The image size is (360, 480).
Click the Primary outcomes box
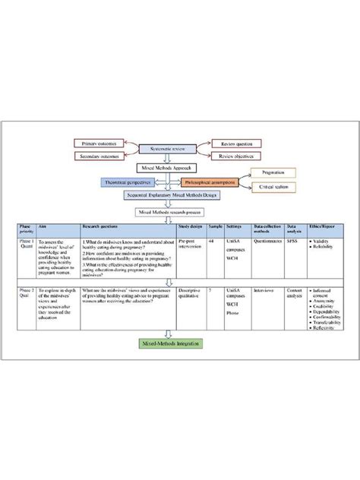(x=102, y=143)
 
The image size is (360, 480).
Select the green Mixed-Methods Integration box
(x=172, y=343)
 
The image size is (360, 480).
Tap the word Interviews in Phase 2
(x=263, y=289)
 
